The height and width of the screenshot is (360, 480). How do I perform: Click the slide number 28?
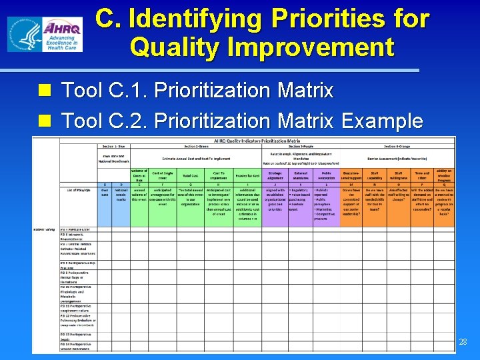(x=463, y=342)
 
